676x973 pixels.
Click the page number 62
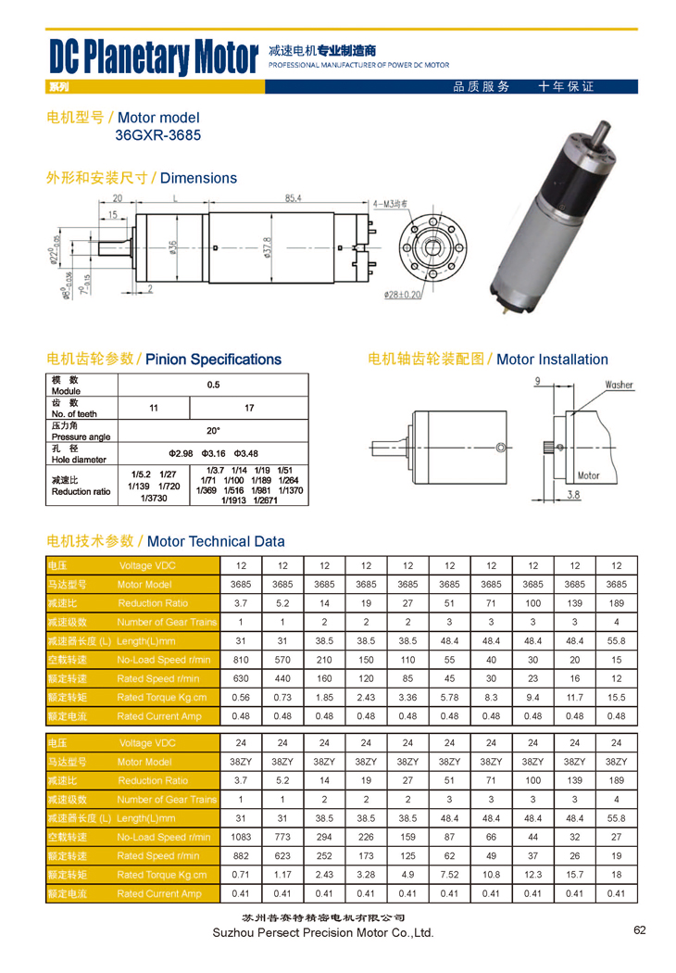pos(640,930)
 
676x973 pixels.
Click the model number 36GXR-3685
pos(157,135)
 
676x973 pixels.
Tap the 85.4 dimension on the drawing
pos(294,198)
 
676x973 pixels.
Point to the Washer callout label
pos(619,385)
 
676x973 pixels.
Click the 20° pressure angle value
pos(213,430)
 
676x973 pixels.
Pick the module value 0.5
pos(213,385)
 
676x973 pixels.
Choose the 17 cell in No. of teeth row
pos(248,408)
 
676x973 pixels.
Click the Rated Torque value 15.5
pos(616,697)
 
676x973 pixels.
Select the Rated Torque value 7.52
pos(449,875)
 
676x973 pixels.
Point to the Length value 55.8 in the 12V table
pos(616,641)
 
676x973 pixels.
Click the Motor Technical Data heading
pos(216,541)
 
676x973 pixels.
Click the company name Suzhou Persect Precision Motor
pos(323,933)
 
